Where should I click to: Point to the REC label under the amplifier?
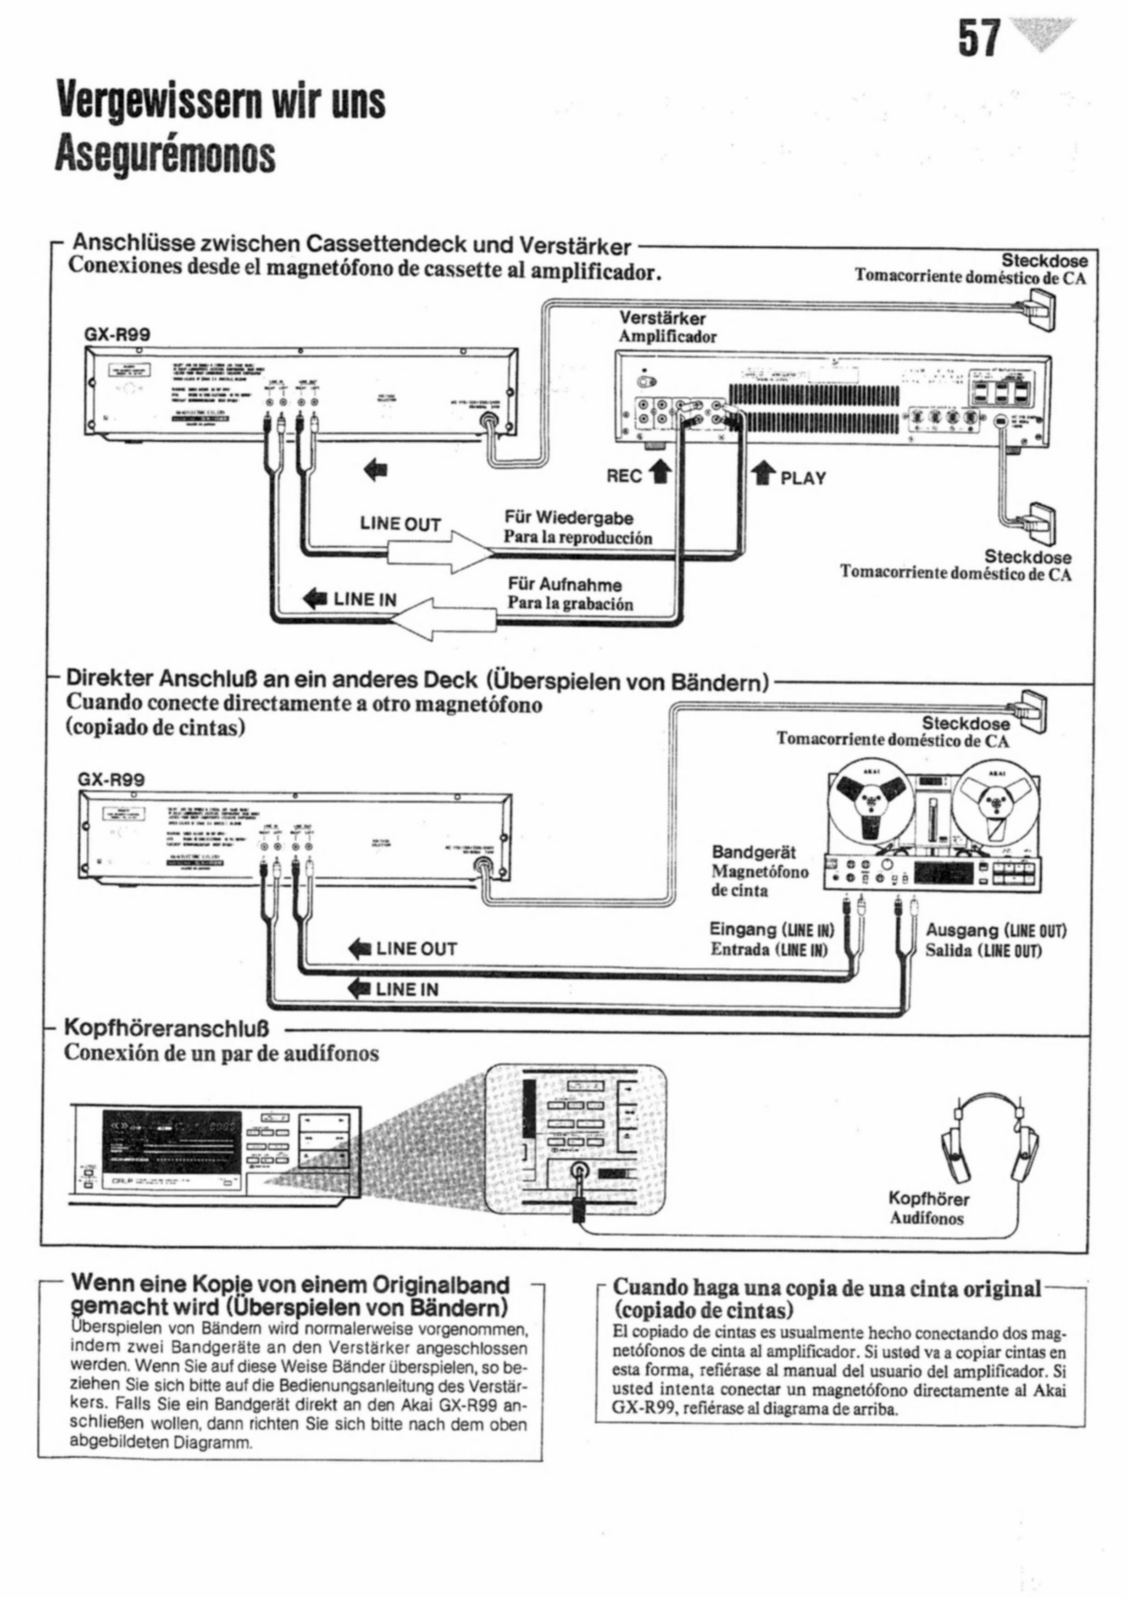click(x=624, y=476)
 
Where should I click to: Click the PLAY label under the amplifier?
click(x=803, y=478)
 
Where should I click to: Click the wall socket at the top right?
click(x=1038, y=310)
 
